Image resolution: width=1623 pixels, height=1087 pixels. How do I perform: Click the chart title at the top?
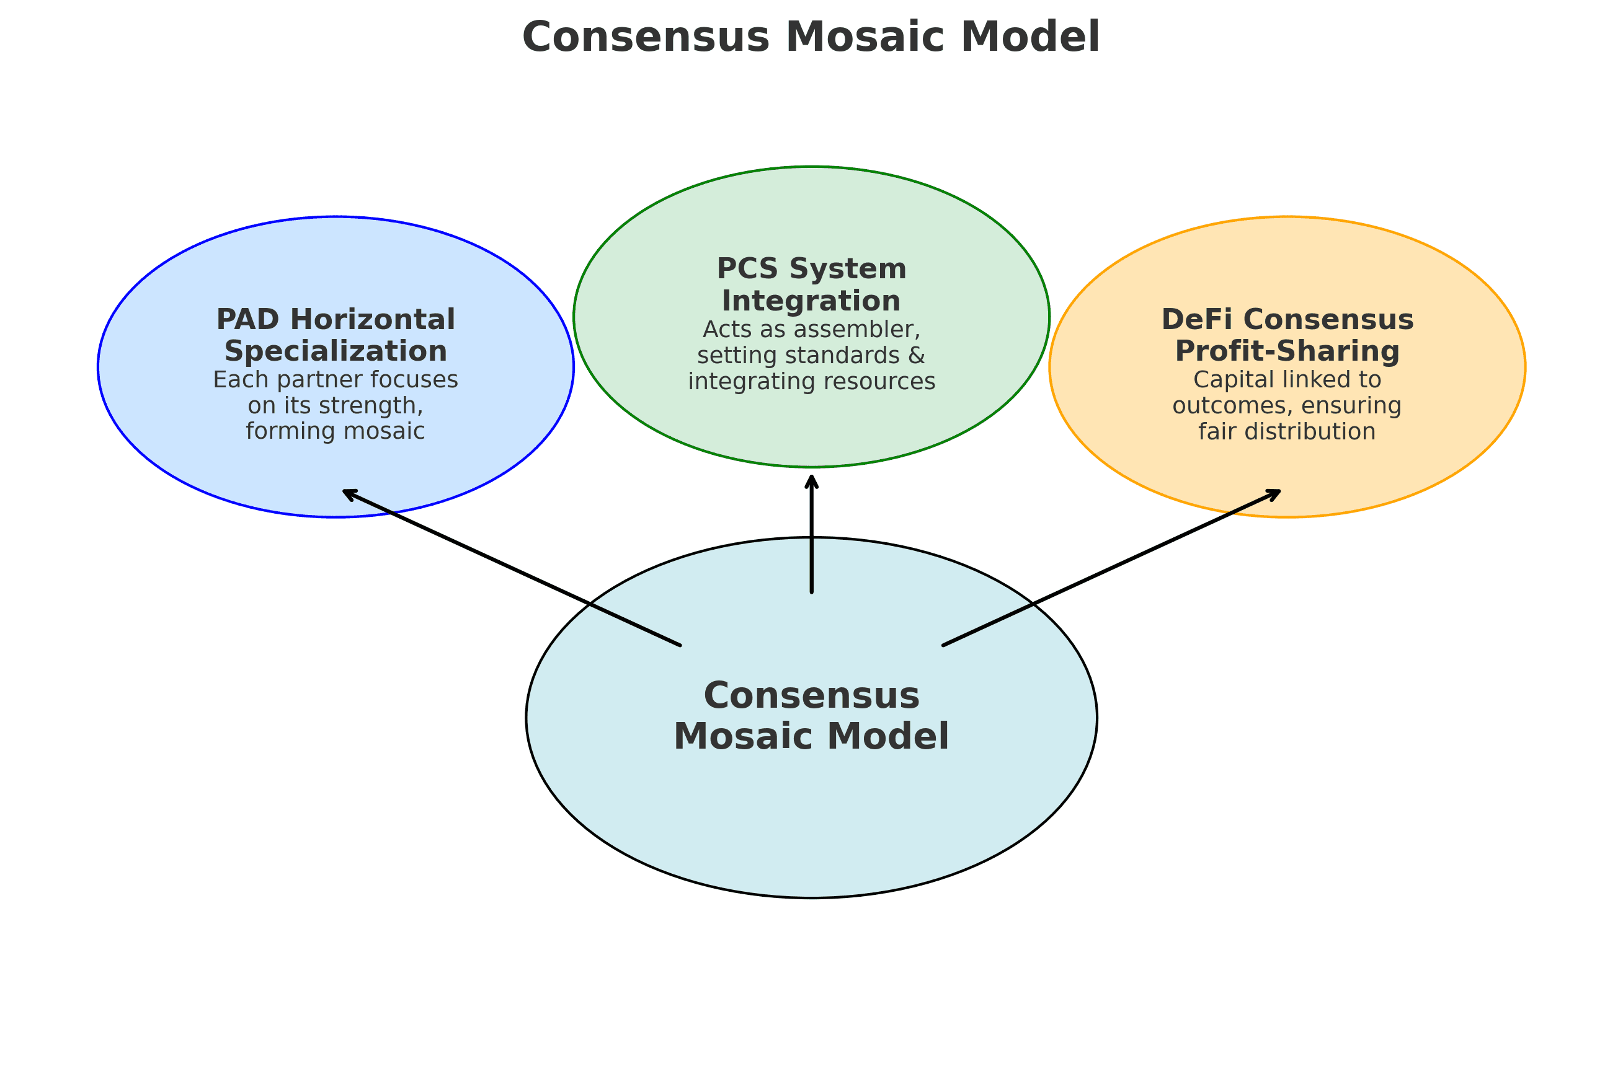[x=811, y=37]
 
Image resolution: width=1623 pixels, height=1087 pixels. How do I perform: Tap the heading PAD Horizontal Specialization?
[x=336, y=335]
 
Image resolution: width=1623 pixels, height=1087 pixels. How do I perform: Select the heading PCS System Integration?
[x=811, y=285]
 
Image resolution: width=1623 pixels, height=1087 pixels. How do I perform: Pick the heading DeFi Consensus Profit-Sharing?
[x=1287, y=335]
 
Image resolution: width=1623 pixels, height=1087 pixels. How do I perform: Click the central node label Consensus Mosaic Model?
[x=811, y=716]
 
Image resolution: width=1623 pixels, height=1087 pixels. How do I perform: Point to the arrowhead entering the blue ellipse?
[x=348, y=493]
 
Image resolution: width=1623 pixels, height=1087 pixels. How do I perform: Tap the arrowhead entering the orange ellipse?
[x=1275, y=493]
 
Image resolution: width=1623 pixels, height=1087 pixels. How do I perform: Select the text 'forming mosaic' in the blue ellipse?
[x=336, y=431]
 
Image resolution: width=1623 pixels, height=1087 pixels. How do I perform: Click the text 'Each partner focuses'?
[x=336, y=380]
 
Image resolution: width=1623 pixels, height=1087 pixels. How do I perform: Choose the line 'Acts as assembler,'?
[x=811, y=329]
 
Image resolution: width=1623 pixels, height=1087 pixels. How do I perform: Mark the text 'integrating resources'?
[x=811, y=381]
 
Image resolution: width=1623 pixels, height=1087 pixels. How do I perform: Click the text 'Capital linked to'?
[x=1287, y=380]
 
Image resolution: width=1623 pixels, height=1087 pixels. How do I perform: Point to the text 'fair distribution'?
[x=1287, y=432]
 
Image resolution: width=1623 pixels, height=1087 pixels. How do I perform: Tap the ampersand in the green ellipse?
[x=916, y=356]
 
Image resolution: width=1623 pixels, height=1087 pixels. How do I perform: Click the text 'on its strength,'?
[x=336, y=405]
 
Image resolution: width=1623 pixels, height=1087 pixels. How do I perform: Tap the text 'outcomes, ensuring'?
[x=1287, y=405]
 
